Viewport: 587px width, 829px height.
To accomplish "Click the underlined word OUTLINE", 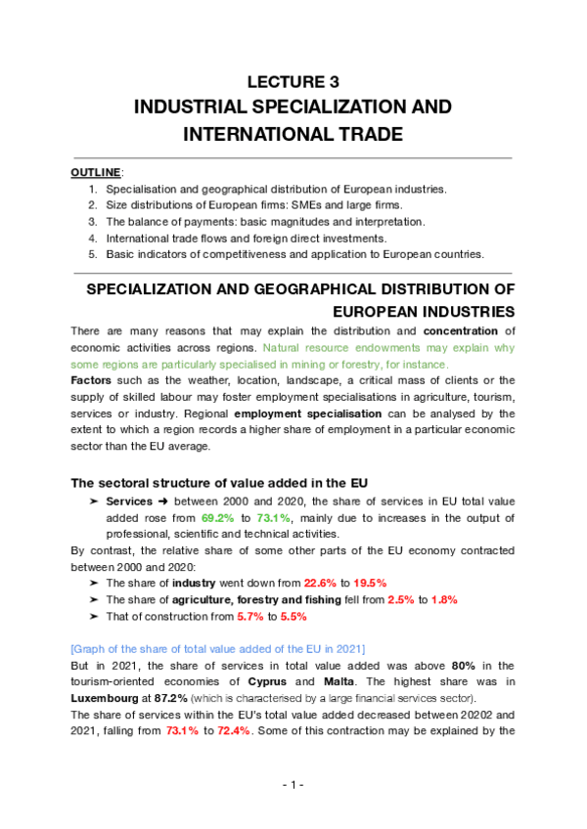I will coord(95,172).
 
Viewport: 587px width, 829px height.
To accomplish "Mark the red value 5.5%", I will coord(293,617).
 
